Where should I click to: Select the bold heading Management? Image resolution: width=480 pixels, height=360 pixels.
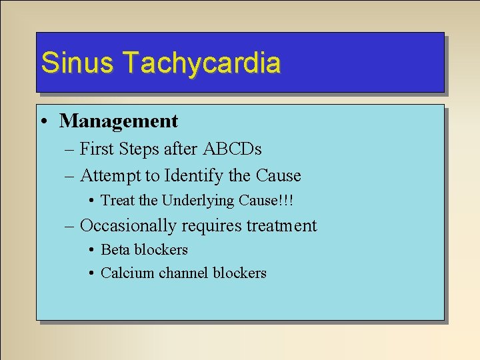click(119, 121)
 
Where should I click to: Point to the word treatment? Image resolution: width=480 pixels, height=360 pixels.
click(282, 226)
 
